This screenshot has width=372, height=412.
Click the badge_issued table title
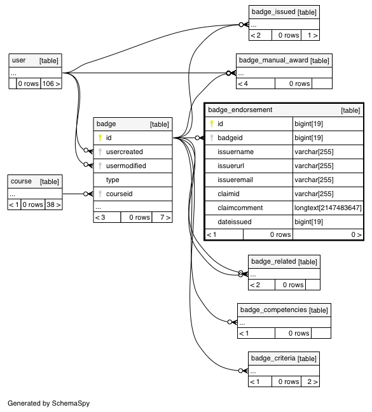click(x=273, y=12)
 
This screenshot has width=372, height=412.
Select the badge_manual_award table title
click(x=273, y=60)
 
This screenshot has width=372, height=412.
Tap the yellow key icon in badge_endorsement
click(x=212, y=124)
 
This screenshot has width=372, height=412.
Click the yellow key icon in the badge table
click(x=100, y=138)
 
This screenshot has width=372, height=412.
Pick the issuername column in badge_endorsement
click(x=235, y=152)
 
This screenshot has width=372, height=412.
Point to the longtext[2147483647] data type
click(x=328, y=208)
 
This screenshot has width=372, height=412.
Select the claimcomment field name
click(x=240, y=208)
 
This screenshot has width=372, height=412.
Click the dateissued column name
click(x=235, y=222)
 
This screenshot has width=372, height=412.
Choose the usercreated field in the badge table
click(x=125, y=152)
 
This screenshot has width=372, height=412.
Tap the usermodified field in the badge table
click(x=126, y=166)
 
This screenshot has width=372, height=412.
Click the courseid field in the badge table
click(x=119, y=194)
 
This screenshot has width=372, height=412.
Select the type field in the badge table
click(x=113, y=180)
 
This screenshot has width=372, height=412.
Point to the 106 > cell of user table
click(x=51, y=84)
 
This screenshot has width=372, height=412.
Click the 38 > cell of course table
click(x=53, y=204)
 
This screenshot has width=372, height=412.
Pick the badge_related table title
click(x=273, y=262)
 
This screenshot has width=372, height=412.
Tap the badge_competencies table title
click(x=273, y=309)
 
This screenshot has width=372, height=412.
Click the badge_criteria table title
click(x=273, y=358)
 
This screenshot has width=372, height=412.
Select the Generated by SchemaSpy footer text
click(x=48, y=403)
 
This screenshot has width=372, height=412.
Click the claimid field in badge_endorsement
click(x=228, y=194)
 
